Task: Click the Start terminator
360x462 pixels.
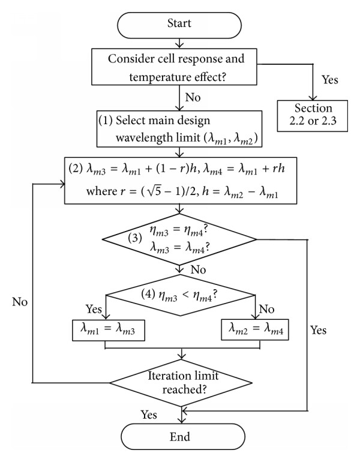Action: pos(179,25)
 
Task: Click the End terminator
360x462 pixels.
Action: pos(182,437)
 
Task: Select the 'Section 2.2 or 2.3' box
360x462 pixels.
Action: pos(312,116)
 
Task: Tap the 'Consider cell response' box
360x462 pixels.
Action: pos(174,67)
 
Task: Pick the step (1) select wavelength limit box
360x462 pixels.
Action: pos(179,129)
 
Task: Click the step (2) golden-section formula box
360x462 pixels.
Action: pos(181,181)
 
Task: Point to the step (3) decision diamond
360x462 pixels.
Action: pos(179,239)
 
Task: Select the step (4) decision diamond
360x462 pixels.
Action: pos(180,295)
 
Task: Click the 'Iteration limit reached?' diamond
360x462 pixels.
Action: pos(181,383)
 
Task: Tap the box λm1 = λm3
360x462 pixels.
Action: pos(109,330)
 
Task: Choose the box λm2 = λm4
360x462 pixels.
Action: pos(255,330)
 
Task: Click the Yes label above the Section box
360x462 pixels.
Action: pos(329,80)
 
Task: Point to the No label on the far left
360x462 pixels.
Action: pos(20,302)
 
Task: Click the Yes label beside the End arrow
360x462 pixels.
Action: pos(149,415)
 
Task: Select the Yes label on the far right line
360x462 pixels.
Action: pos(319,330)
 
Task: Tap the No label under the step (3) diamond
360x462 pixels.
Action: pos(198,269)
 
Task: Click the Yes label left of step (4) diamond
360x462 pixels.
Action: pos(94,309)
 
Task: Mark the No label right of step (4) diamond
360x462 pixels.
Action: pos(266,309)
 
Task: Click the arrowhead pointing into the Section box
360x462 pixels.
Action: pos(313,98)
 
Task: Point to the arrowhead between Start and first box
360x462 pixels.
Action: pos(179,45)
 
